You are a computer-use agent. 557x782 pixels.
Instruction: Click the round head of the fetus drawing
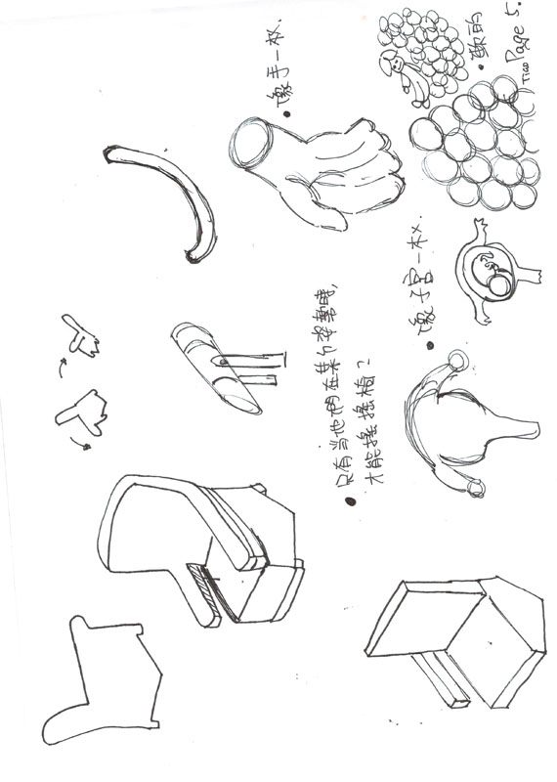point(498,284)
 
